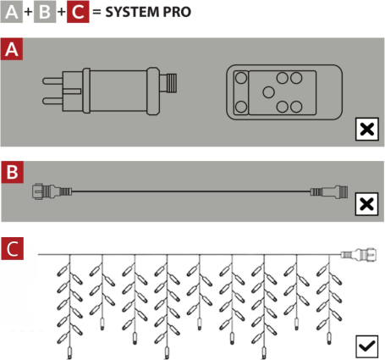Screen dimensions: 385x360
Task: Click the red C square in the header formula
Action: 78,12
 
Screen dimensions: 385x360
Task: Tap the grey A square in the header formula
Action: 12,12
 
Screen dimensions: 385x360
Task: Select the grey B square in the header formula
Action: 45,12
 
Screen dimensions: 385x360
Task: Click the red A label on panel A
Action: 12,49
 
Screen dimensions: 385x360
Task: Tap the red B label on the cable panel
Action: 12,172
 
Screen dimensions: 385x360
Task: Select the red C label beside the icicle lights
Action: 12,248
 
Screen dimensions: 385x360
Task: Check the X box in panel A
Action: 366,130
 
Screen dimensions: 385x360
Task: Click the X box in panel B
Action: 366,204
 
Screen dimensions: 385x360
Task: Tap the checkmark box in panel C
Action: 366,346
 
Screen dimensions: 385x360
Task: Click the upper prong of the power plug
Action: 52,81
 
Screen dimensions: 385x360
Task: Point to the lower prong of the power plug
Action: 52,101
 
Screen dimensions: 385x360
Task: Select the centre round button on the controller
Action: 268,92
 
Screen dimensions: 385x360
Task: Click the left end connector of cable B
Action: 52,191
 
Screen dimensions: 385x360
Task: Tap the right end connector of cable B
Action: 329,191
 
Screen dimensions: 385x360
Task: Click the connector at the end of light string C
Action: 359,254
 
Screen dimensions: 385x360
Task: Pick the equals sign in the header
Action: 96,12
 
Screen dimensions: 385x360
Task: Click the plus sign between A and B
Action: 28,12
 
